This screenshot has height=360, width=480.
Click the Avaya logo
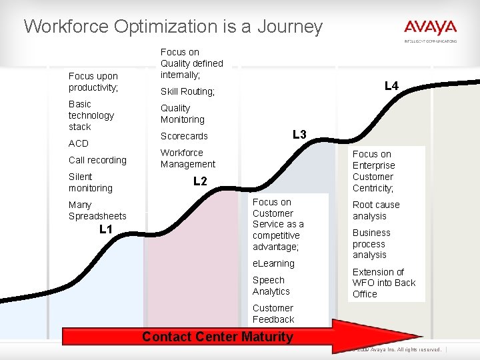click(430, 29)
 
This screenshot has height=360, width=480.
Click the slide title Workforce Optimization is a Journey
click(173, 27)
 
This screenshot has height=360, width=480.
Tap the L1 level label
click(105, 229)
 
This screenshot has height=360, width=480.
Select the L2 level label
click(200, 181)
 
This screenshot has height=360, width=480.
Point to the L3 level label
click(299, 135)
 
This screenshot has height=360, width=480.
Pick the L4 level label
click(391, 85)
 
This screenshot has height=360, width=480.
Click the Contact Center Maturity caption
click(217, 337)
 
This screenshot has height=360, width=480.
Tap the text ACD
click(78, 143)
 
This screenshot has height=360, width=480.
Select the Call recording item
click(97, 160)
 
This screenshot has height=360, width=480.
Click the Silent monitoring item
click(90, 182)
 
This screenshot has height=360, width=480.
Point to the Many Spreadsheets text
click(97, 210)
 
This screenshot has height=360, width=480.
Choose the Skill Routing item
click(187, 91)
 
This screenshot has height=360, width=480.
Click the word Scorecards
click(184, 136)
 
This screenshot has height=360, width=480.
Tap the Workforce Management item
click(187, 158)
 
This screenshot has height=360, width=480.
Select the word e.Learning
click(273, 263)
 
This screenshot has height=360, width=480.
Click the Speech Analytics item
click(271, 285)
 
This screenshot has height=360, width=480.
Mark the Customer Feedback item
click(273, 313)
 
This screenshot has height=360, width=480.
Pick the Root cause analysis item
click(375, 210)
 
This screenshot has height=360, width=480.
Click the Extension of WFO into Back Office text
click(383, 283)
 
